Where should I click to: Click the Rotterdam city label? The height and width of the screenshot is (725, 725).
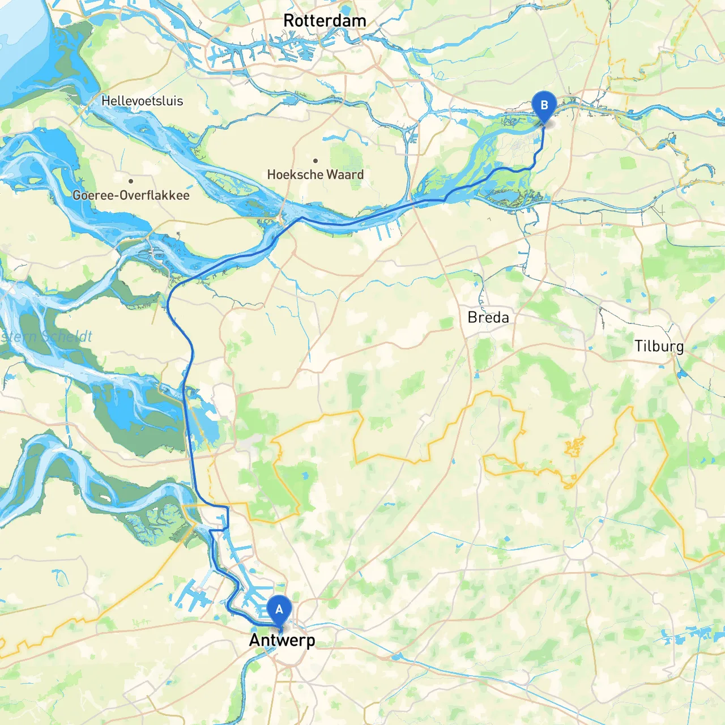point(325,21)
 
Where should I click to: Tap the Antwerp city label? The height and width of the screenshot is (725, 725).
point(282,641)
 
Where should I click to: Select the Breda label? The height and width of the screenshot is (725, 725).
point(488,318)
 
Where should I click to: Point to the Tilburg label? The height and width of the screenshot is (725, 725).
point(659,347)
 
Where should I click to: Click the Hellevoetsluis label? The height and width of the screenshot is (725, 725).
point(142,101)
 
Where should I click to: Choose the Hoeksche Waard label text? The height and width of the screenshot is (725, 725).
point(315,174)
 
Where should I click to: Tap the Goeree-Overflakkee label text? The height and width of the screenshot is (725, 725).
point(131,195)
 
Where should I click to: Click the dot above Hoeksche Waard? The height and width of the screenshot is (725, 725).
point(315,161)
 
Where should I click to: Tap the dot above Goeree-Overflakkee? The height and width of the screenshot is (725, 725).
point(131,181)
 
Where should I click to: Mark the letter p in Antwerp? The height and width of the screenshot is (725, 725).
point(310,642)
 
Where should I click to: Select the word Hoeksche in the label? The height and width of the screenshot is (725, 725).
point(295,174)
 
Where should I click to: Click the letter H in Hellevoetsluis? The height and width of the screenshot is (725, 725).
point(105,101)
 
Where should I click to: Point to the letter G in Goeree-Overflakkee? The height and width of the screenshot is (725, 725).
point(77,195)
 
